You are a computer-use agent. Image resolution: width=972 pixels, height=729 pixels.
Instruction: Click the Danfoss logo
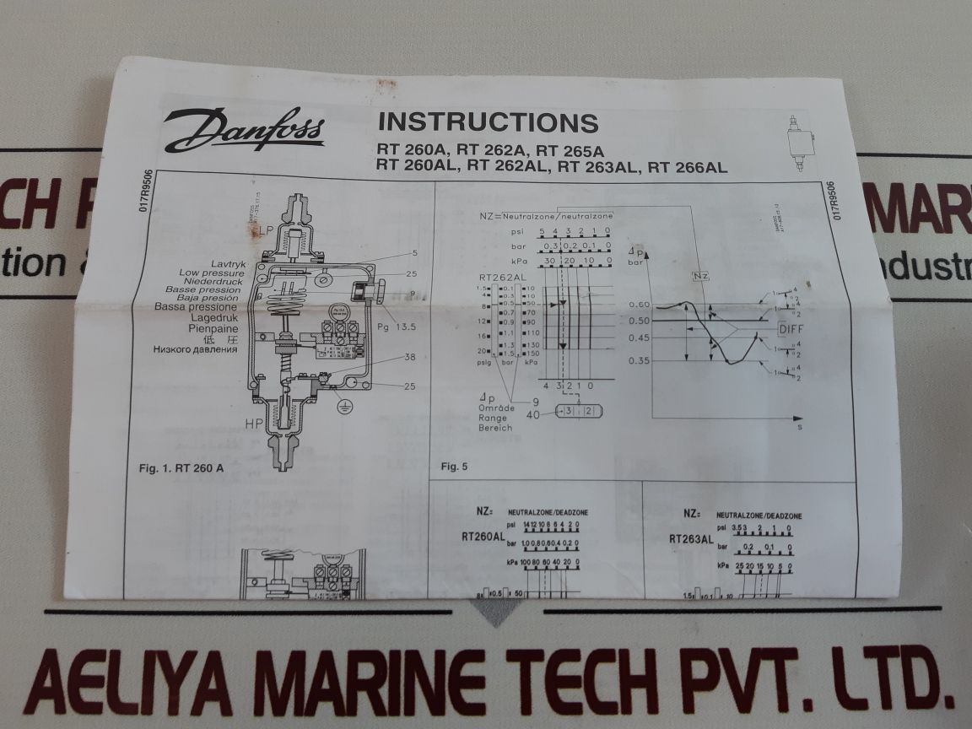click(x=243, y=131)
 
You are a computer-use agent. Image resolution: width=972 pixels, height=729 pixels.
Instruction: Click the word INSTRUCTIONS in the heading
click(x=488, y=121)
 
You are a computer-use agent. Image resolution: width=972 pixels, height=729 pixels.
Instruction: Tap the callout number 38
click(x=386, y=357)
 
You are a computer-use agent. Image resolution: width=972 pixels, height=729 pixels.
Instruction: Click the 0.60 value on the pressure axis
click(x=640, y=304)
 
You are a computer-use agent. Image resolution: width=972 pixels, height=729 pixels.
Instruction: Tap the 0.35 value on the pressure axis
click(x=640, y=361)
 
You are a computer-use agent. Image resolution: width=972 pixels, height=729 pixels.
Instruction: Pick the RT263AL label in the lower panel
click(x=691, y=538)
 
